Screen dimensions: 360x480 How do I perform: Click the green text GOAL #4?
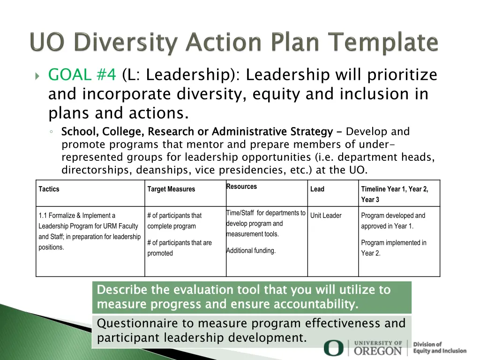point(82,75)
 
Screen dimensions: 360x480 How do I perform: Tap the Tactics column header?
point(49,189)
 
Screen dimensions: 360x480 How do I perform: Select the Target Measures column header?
point(171,189)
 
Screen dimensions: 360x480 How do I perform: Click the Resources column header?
point(241,187)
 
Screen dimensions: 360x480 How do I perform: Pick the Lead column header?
point(317,189)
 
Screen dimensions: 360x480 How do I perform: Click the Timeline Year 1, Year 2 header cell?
point(394,189)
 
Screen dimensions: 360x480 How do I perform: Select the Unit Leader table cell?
point(326,216)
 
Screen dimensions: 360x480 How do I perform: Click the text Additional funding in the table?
point(251,251)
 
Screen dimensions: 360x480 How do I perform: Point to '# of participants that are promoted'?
point(179,248)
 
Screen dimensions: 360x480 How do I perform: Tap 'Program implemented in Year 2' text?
point(394,248)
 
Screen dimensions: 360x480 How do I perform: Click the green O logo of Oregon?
point(333,348)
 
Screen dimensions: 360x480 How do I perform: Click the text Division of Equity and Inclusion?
point(439,348)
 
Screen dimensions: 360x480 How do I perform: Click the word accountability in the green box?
point(316,305)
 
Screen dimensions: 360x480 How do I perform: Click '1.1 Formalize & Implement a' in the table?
point(77,216)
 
